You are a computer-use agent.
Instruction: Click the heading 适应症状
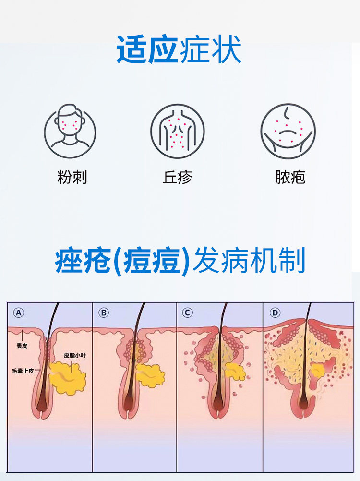tap(179, 50)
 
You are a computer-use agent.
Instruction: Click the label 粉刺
tap(72, 178)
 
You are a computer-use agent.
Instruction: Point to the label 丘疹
tap(178, 178)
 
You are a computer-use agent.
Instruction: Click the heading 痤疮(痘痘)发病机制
tap(180, 262)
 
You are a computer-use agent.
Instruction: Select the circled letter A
tap(18, 313)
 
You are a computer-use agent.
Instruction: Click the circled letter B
tap(104, 313)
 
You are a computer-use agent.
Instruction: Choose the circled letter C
tap(188, 313)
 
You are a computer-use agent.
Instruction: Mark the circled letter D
tap(275, 313)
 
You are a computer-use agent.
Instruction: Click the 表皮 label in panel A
tap(22, 345)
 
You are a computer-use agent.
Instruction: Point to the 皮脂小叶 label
tap(74, 356)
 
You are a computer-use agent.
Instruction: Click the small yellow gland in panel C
tap(235, 371)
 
